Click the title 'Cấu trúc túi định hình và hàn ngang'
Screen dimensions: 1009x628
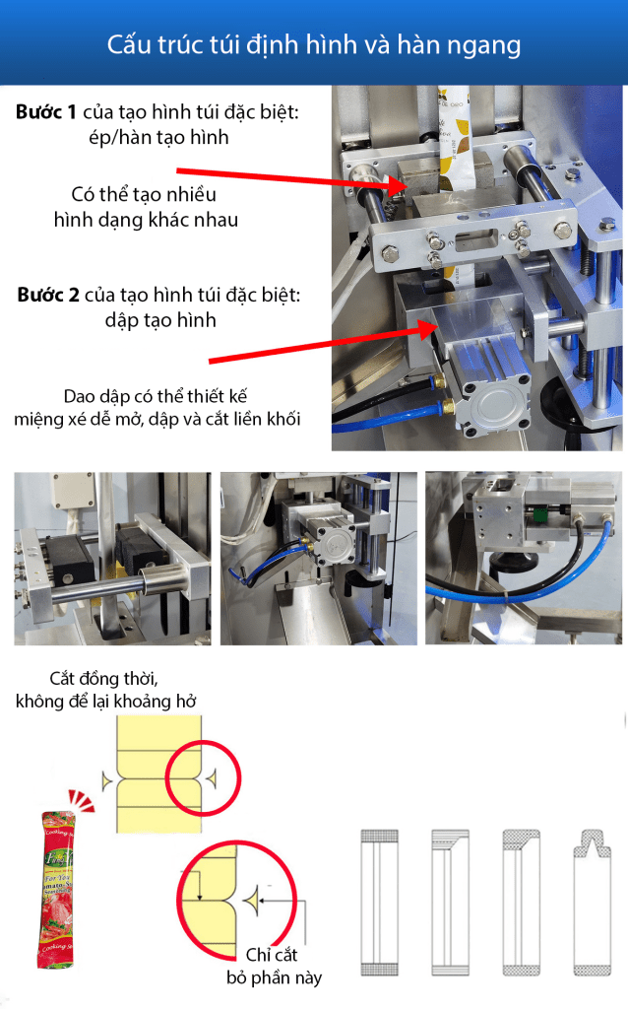(314, 45)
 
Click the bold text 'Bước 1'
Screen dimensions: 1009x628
(46, 112)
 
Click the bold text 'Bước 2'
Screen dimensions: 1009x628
(47, 295)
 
